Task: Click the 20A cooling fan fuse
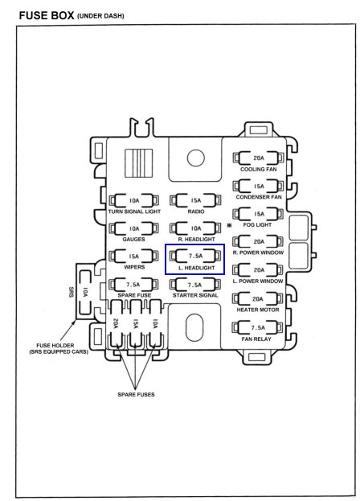pos(258,158)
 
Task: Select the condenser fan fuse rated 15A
pos(258,186)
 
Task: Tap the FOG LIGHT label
pos(257,225)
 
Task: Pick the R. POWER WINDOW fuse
pos(258,241)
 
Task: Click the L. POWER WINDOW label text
pos(258,281)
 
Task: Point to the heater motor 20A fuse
pos(258,298)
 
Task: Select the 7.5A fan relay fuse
pos(258,327)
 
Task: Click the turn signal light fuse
pos(134,201)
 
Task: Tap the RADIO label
pos(196,211)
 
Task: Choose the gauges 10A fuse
pos(134,228)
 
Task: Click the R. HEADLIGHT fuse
pos(195,228)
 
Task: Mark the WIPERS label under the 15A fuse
pos(134,267)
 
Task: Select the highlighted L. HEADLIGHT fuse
pos(195,256)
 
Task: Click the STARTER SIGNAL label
pos(195,295)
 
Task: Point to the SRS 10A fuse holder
pos(85,293)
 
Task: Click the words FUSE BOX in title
pos(47,15)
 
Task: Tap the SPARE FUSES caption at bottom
pos(136,395)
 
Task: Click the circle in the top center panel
pos(195,158)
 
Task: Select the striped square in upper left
pos(139,163)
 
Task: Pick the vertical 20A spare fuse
pos(116,323)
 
